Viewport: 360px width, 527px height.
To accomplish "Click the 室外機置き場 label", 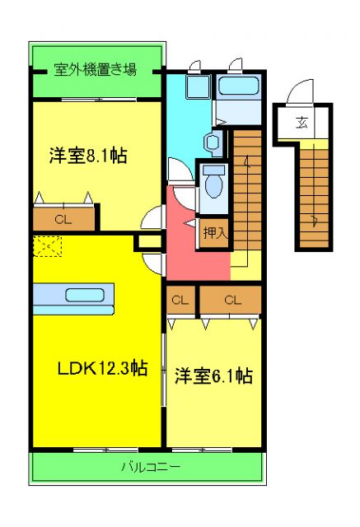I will click(95, 71).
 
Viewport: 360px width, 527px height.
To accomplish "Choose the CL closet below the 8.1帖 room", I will click(63, 219).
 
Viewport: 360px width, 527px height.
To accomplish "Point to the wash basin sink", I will click(213, 142).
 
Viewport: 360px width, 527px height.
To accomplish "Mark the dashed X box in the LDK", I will click(47, 245).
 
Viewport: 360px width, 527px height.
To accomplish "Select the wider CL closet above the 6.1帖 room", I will click(232, 301).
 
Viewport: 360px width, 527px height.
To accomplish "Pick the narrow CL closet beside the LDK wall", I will click(180, 301).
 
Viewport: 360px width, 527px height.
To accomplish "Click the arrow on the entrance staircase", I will click(315, 220).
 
